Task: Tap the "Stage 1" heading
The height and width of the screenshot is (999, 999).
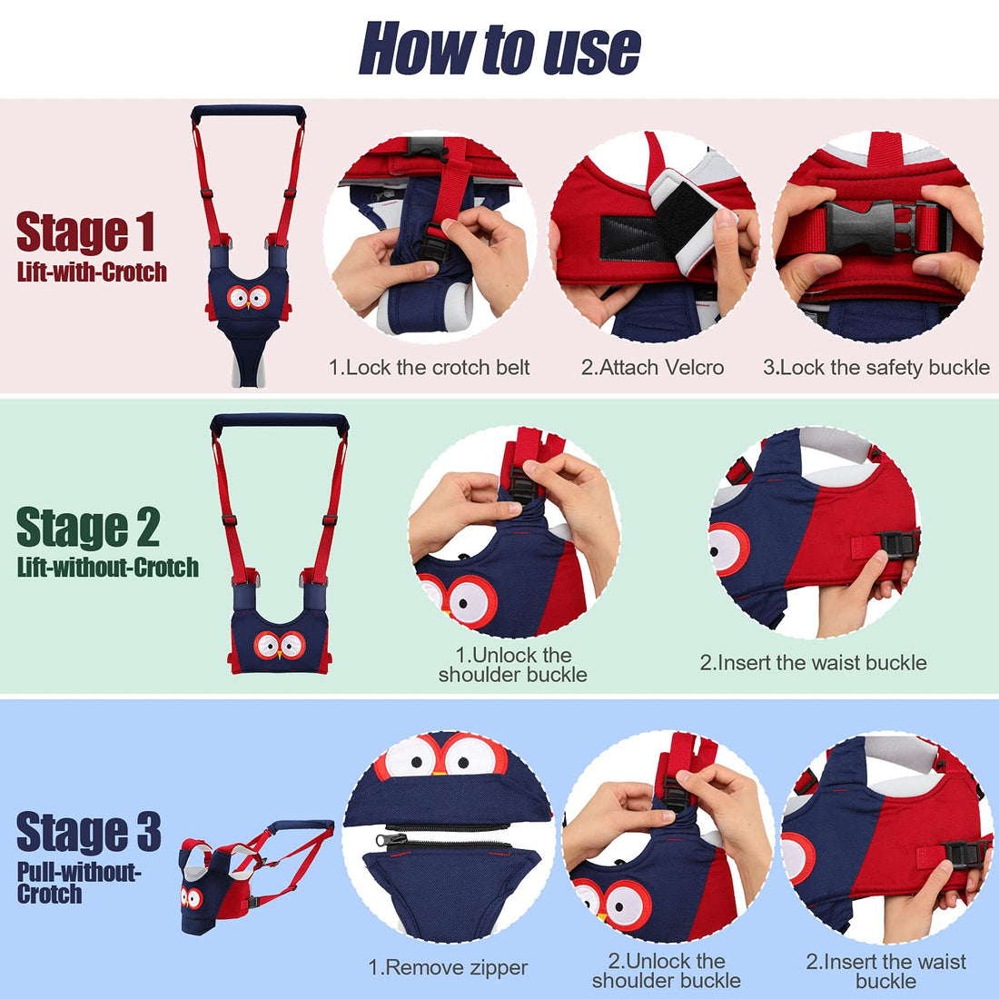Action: click(x=86, y=232)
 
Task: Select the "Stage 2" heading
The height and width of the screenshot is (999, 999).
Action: click(x=88, y=529)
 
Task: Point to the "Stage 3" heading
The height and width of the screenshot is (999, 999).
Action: click(x=88, y=832)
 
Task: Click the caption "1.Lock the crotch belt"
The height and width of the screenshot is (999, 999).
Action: click(x=429, y=368)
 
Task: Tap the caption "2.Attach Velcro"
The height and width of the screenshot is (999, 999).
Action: click(x=652, y=368)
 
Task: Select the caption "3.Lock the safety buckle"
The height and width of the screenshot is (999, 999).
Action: click(x=875, y=368)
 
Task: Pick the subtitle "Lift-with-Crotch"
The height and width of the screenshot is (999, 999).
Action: click(x=92, y=272)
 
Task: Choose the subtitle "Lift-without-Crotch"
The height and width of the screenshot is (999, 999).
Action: click(x=107, y=569)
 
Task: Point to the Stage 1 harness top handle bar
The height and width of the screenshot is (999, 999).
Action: click(x=248, y=112)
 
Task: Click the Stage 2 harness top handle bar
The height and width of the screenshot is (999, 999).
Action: click(x=280, y=421)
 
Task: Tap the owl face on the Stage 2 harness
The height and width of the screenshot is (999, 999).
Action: click(x=279, y=645)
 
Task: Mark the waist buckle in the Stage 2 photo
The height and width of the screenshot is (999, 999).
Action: click(x=895, y=545)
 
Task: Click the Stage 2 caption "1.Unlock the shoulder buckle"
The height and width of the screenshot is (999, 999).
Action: click(x=512, y=665)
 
